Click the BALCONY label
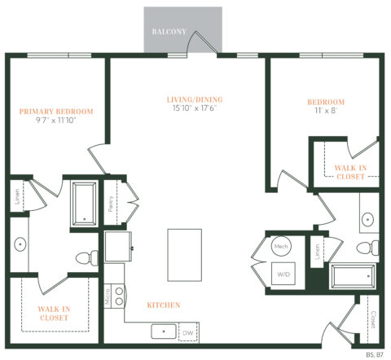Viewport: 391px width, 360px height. coord(169,32)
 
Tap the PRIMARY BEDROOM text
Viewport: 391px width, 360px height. coord(57,112)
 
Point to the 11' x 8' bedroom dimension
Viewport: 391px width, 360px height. coord(325,112)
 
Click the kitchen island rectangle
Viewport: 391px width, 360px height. coord(184,254)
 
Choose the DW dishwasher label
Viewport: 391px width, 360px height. coord(188,332)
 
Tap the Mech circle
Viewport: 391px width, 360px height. coord(282,246)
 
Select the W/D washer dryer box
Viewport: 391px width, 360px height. coord(283,274)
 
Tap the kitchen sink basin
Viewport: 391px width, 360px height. coord(163,332)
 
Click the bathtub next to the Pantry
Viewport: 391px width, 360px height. coord(84,203)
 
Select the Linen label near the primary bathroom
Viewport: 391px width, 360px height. coord(15,195)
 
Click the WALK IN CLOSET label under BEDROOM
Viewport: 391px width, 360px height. coord(351,171)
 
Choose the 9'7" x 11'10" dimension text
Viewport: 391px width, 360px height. coord(57,121)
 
